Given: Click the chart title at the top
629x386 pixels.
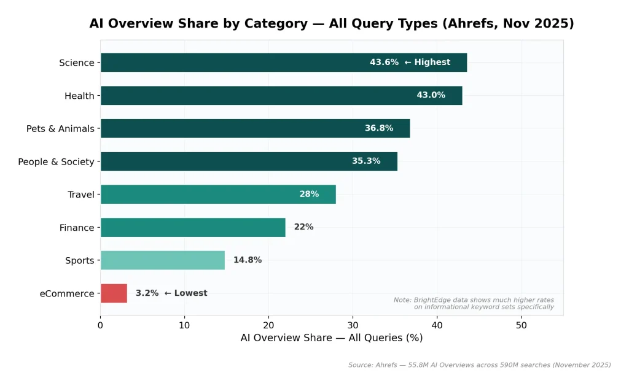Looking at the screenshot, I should tap(332, 24).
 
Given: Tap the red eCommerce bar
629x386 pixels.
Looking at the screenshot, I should tap(114, 293).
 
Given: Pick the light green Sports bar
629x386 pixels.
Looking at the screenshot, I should tap(163, 260).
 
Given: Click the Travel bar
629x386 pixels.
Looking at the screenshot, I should tap(218, 195).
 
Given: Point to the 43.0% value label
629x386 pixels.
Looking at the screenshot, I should tap(431, 95).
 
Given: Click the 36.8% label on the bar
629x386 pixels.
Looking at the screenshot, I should tap(379, 128).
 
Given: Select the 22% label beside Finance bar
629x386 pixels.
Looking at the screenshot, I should tap(303, 227).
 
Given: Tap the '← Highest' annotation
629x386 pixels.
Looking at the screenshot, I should tap(427, 63).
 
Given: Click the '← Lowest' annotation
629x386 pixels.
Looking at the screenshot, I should tap(186, 293).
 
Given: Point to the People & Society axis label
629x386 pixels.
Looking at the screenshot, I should tap(56, 162).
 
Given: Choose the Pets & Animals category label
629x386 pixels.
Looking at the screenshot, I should tap(60, 129).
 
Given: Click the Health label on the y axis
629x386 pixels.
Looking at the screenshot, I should tap(79, 96).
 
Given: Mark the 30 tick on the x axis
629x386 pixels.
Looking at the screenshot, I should tap(353, 325).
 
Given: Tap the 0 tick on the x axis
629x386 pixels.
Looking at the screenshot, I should tap(101, 325).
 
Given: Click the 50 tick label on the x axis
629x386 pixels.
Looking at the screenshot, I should tap(521, 325).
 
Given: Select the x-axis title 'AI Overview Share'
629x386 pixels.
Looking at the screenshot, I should tap(332, 338).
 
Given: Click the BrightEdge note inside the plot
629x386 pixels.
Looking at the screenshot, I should tap(474, 303).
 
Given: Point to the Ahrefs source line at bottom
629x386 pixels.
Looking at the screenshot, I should tap(479, 365).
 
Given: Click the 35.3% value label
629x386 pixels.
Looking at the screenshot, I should tap(366, 161).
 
